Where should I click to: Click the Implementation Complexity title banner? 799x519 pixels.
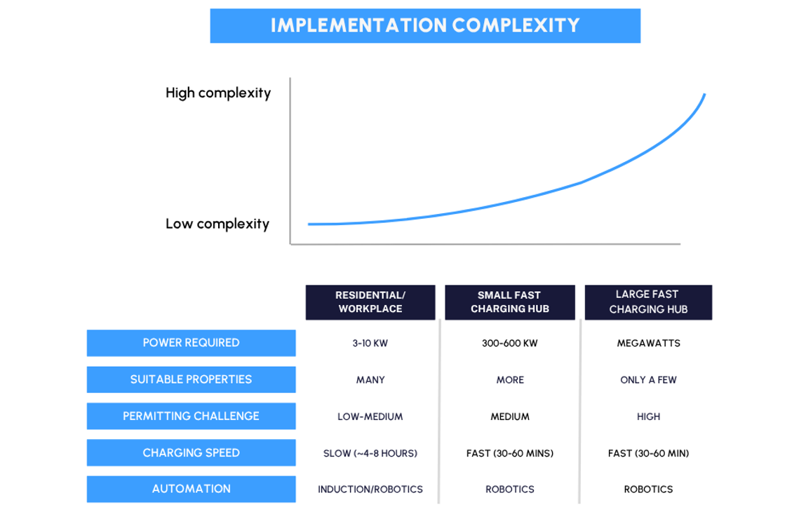(x=425, y=25)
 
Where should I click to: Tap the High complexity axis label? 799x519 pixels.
(x=218, y=93)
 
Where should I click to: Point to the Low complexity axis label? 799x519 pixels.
(x=217, y=224)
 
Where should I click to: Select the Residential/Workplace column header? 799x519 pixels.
(x=370, y=302)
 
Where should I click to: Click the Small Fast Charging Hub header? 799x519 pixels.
(x=509, y=302)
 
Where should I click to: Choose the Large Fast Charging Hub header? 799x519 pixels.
(x=648, y=302)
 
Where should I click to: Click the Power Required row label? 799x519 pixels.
(x=191, y=343)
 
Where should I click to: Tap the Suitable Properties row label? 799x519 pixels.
(x=191, y=379)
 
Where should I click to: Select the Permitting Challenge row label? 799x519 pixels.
(x=191, y=416)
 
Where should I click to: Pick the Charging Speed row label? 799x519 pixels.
(x=191, y=453)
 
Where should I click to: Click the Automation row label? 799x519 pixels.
(x=191, y=489)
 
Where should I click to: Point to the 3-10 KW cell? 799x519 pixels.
(x=370, y=343)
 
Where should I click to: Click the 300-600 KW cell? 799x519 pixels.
(x=509, y=343)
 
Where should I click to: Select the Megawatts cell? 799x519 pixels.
(x=649, y=343)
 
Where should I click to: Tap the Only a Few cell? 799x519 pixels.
(x=649, y=380)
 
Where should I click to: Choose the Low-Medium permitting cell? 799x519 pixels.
(x=370, y=417)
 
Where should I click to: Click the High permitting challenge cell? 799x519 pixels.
(x=649, y=417)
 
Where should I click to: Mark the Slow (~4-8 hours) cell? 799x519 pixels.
(x=370, y=453)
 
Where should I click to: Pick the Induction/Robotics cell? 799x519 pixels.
(x=370, y=490)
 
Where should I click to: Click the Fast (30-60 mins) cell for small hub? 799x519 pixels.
(x=509, y=453)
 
